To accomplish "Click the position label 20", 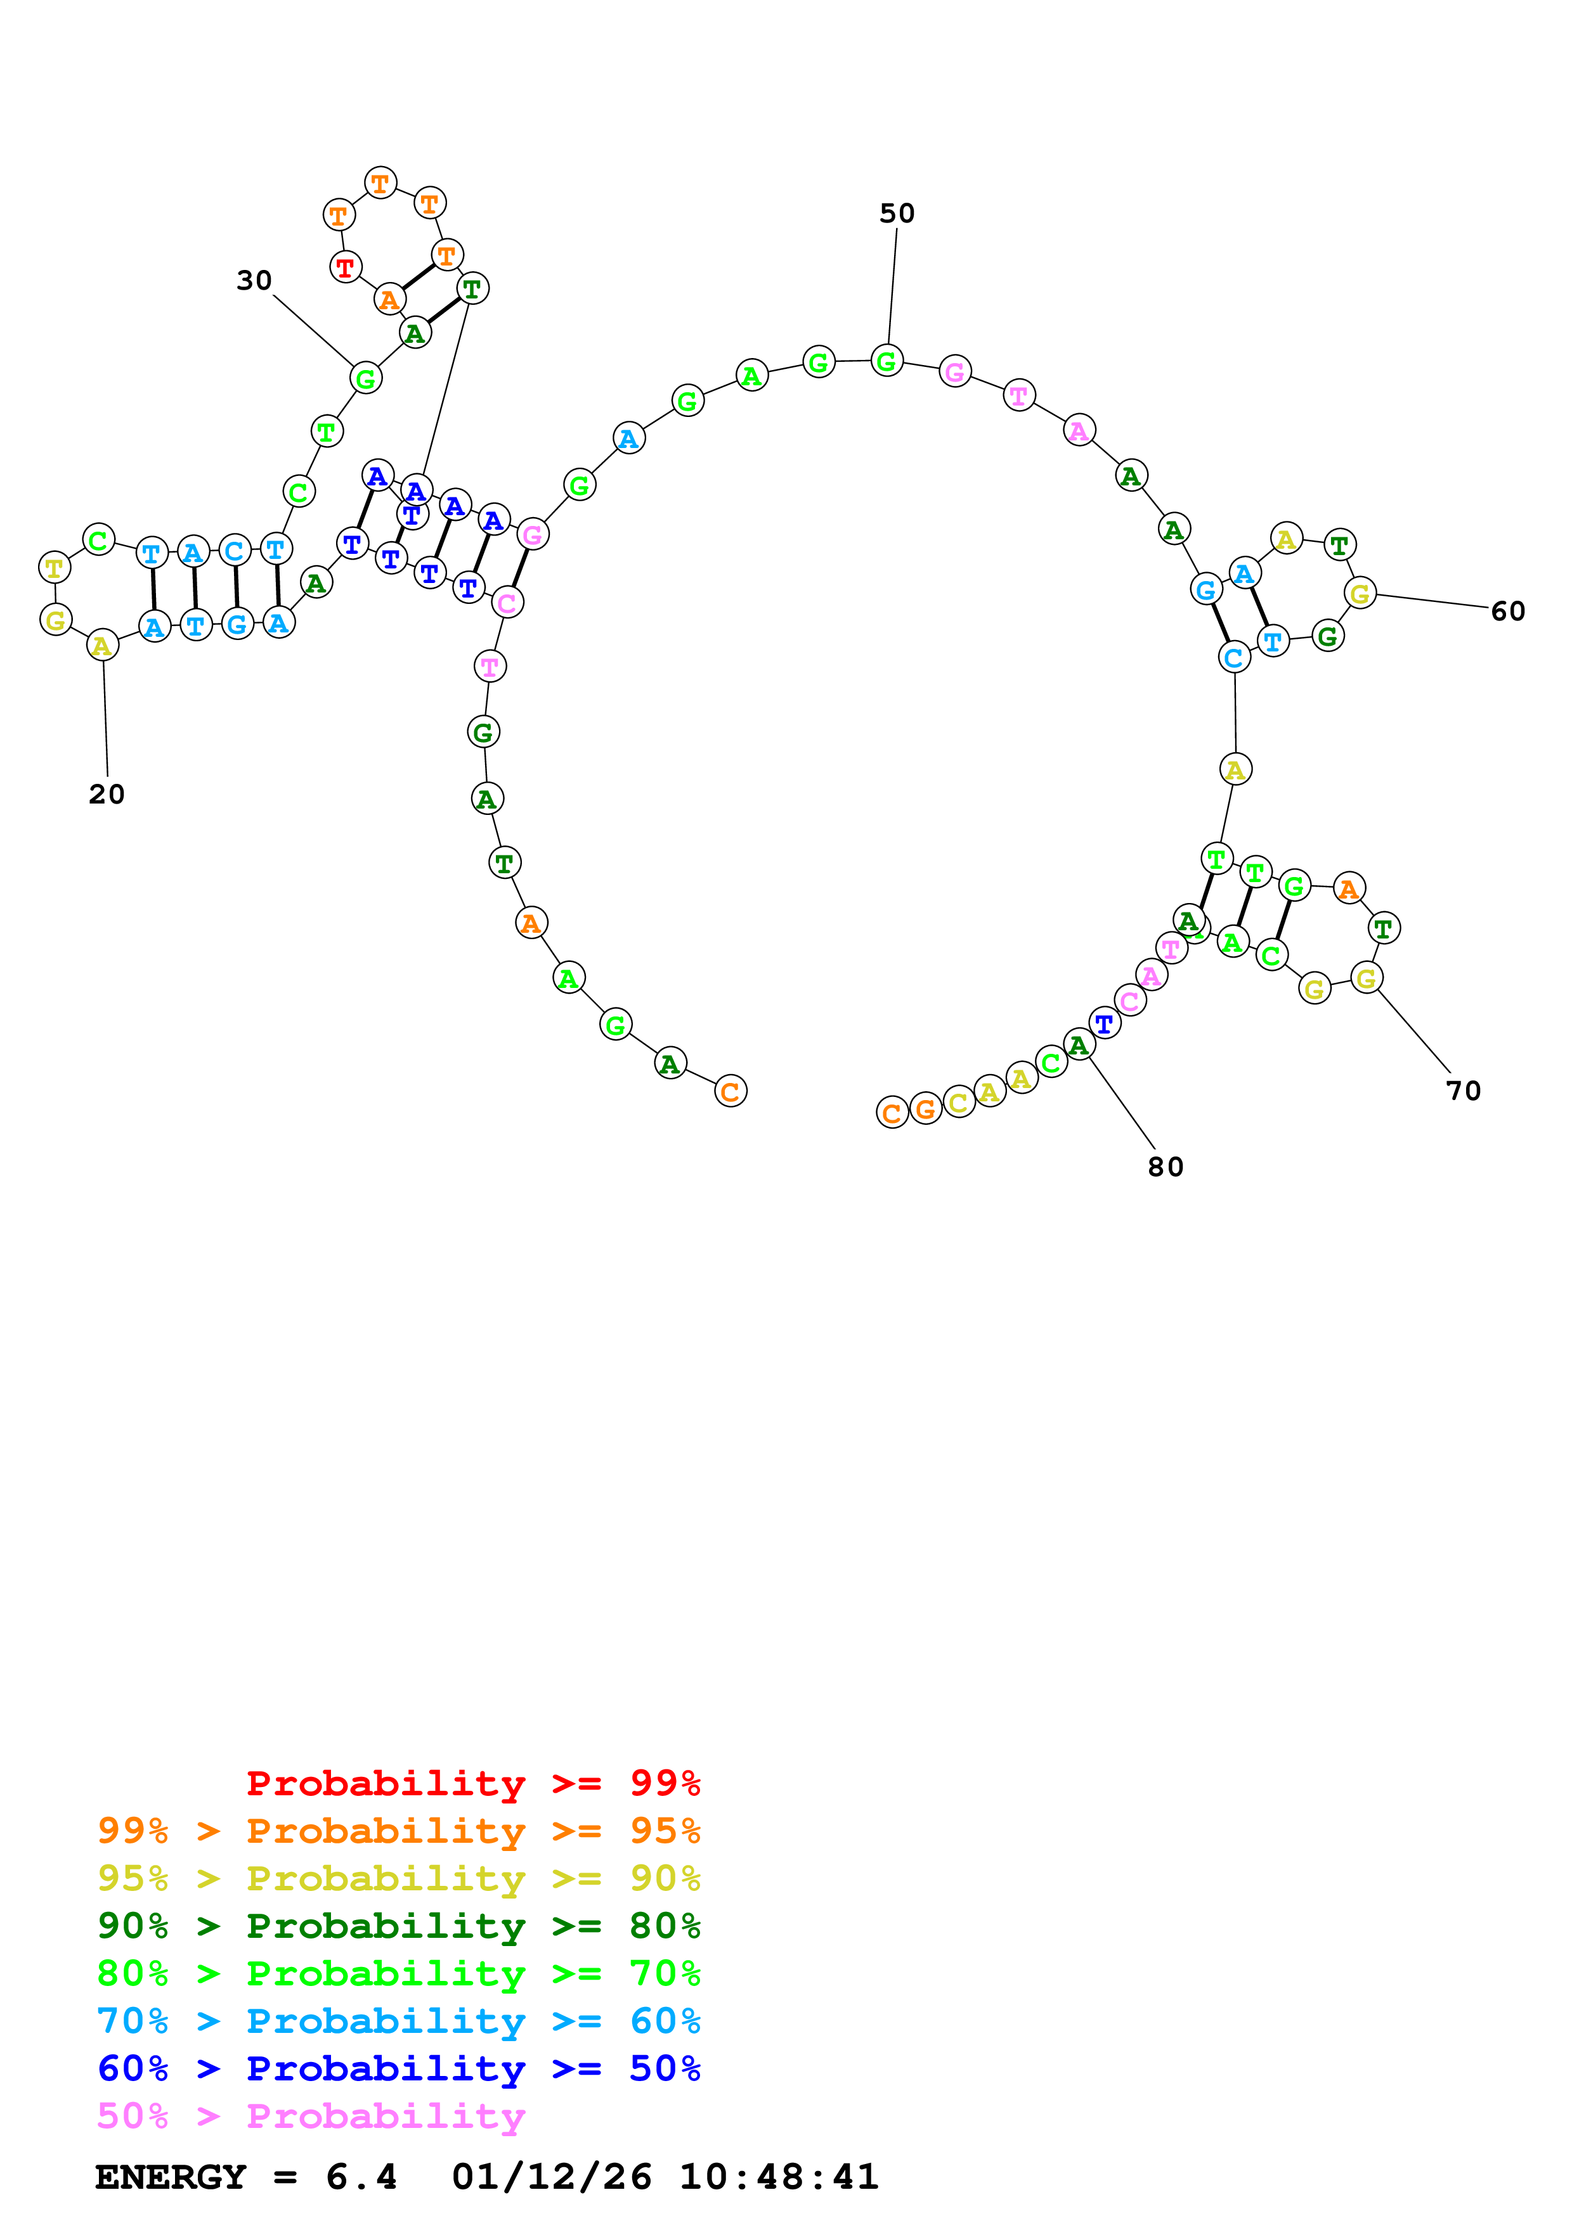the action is pos(107,795).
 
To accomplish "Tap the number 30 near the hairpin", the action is pos(254,281).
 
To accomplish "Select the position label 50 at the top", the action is pos(897,213).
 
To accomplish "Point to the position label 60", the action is pos(1507,611).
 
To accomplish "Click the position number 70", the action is pos(1462,1091).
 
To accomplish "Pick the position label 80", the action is pos(1165,1167).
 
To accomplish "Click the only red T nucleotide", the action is pos(345,266).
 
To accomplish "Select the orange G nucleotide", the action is pos(925,1108).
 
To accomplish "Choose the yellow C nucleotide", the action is pos(958,1103).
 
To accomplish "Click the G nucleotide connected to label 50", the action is pos(887,361).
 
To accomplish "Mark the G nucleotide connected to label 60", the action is pos(1360,593).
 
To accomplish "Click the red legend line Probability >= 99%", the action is pos(472,1783).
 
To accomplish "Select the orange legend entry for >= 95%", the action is pos(399,1831).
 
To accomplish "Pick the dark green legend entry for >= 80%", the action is pos(399,1926).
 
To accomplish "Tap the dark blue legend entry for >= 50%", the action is pos(399,2068).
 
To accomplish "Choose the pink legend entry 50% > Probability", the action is pos(310,2115).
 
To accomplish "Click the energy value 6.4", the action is pos(361,2177).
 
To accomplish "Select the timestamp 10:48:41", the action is pos(779,2177).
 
